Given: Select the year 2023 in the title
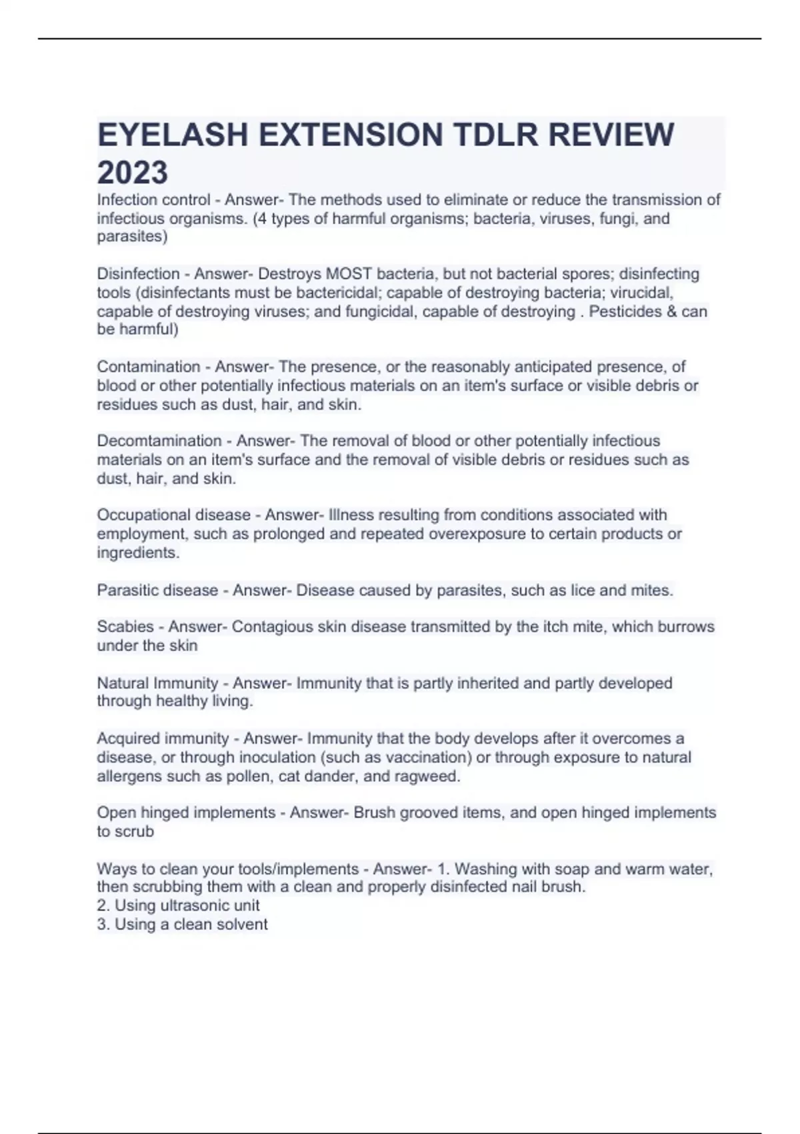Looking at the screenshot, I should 133,173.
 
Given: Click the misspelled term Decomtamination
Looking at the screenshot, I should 159,441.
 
